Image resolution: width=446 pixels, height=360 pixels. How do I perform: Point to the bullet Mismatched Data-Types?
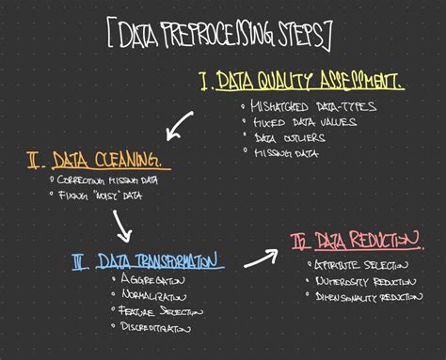pyautogui.click(x=311, y=106)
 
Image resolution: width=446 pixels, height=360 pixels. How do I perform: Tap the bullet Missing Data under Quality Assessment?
pyautogui.click(x=292, y=150)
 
